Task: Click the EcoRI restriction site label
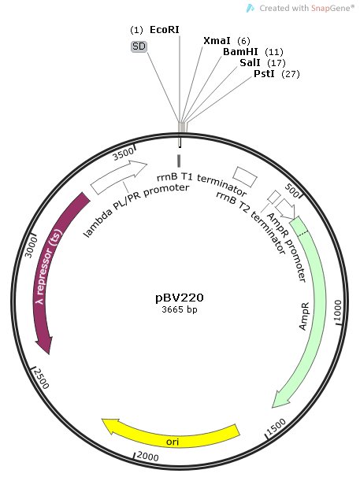coord(165,28)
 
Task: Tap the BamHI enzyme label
coord(240,51)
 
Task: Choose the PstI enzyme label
coord(264,73)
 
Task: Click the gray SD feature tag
coord(139,46)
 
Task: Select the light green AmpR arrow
coord(314,315)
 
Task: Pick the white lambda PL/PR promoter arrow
coord(119,178)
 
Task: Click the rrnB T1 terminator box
coord(245,175)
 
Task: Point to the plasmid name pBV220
coord(180,298)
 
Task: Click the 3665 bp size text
coord(180,310)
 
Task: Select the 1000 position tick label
coord(337,311)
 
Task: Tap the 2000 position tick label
coord(148,457)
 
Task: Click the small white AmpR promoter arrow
coord(287,209)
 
